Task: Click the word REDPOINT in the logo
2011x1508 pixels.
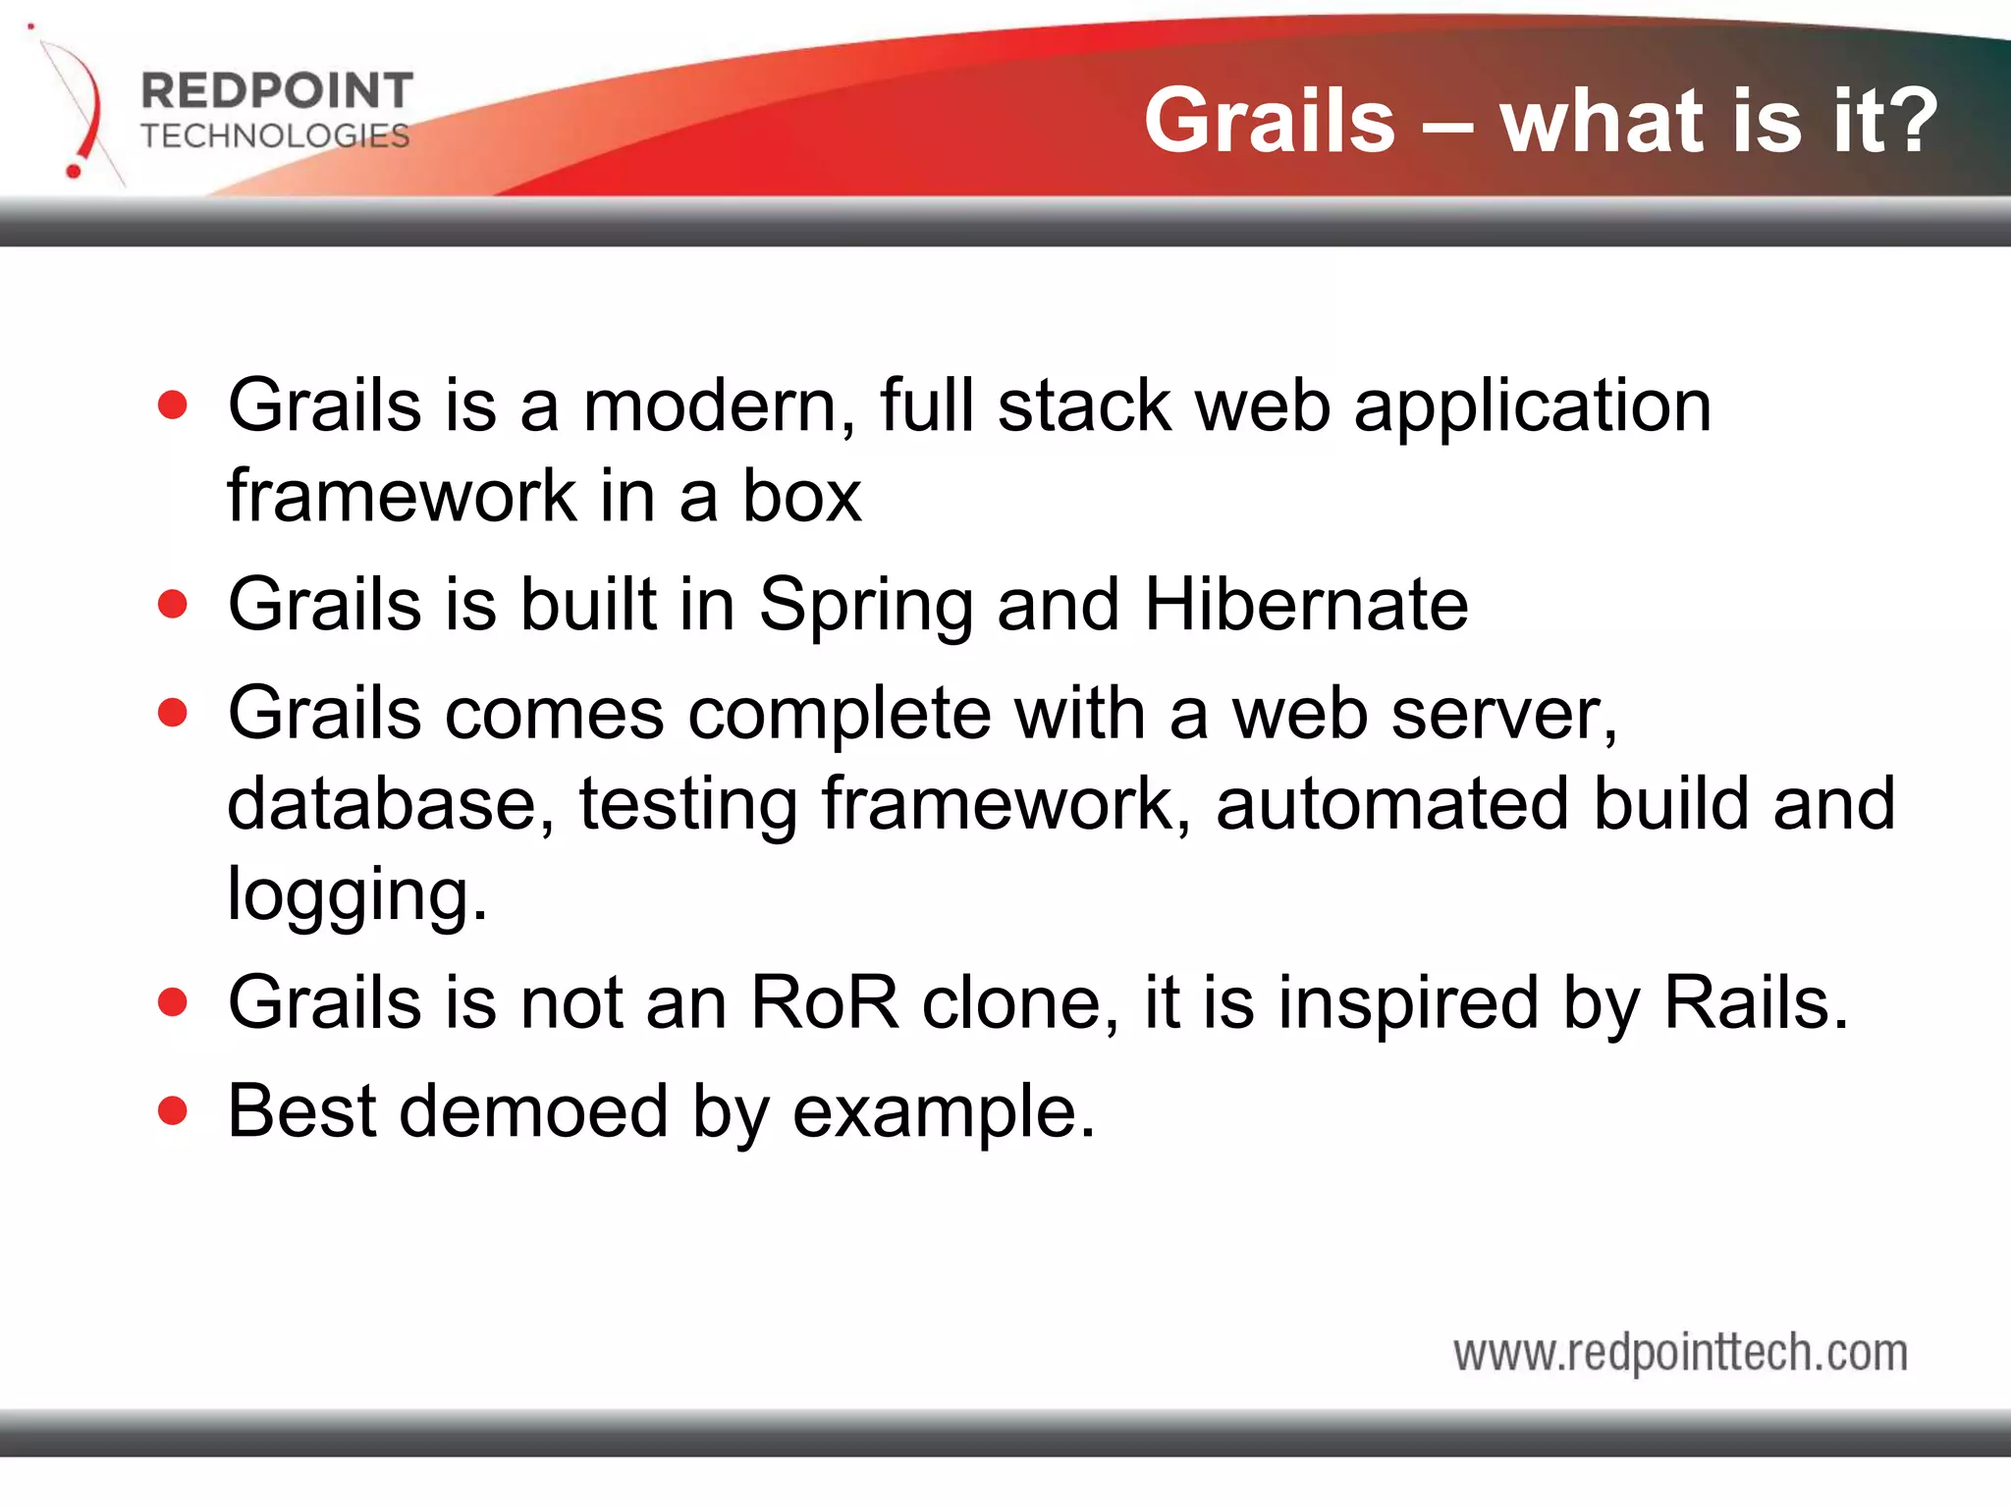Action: (277, 91)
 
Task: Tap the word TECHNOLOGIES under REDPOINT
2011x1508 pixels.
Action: (275, 135)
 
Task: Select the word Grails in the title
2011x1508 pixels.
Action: (1269, 121)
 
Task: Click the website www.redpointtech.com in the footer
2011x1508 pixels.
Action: (1680, 1353)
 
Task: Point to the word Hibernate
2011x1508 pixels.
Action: (1306, 604)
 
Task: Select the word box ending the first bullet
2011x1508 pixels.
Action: (801, 496)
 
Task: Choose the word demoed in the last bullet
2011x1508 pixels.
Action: (533, 1111)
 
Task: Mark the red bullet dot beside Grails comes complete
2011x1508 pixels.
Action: (173, 713)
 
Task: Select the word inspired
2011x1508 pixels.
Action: (1407, 1004)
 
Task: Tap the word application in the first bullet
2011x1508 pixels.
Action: (1532, 407)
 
